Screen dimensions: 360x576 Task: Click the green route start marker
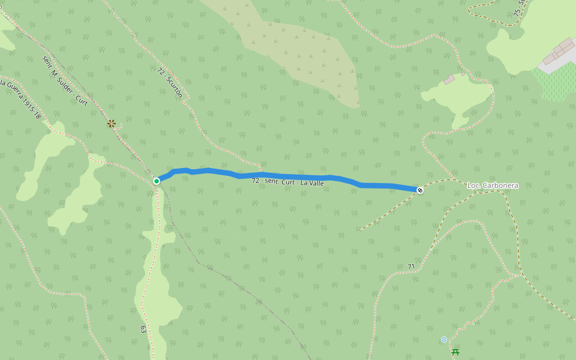157,181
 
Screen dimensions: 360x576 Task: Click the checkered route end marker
421,190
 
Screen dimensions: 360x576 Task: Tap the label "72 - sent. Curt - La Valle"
288,181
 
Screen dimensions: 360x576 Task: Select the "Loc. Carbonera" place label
493,186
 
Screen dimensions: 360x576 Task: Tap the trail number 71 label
411,266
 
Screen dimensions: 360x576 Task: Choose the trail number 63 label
143,329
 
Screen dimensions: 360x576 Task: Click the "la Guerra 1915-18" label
20,99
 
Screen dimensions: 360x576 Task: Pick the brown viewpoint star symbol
112,124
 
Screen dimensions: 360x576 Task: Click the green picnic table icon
455,352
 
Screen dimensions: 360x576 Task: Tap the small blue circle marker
444,340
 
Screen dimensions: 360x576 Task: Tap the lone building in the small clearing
449,79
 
